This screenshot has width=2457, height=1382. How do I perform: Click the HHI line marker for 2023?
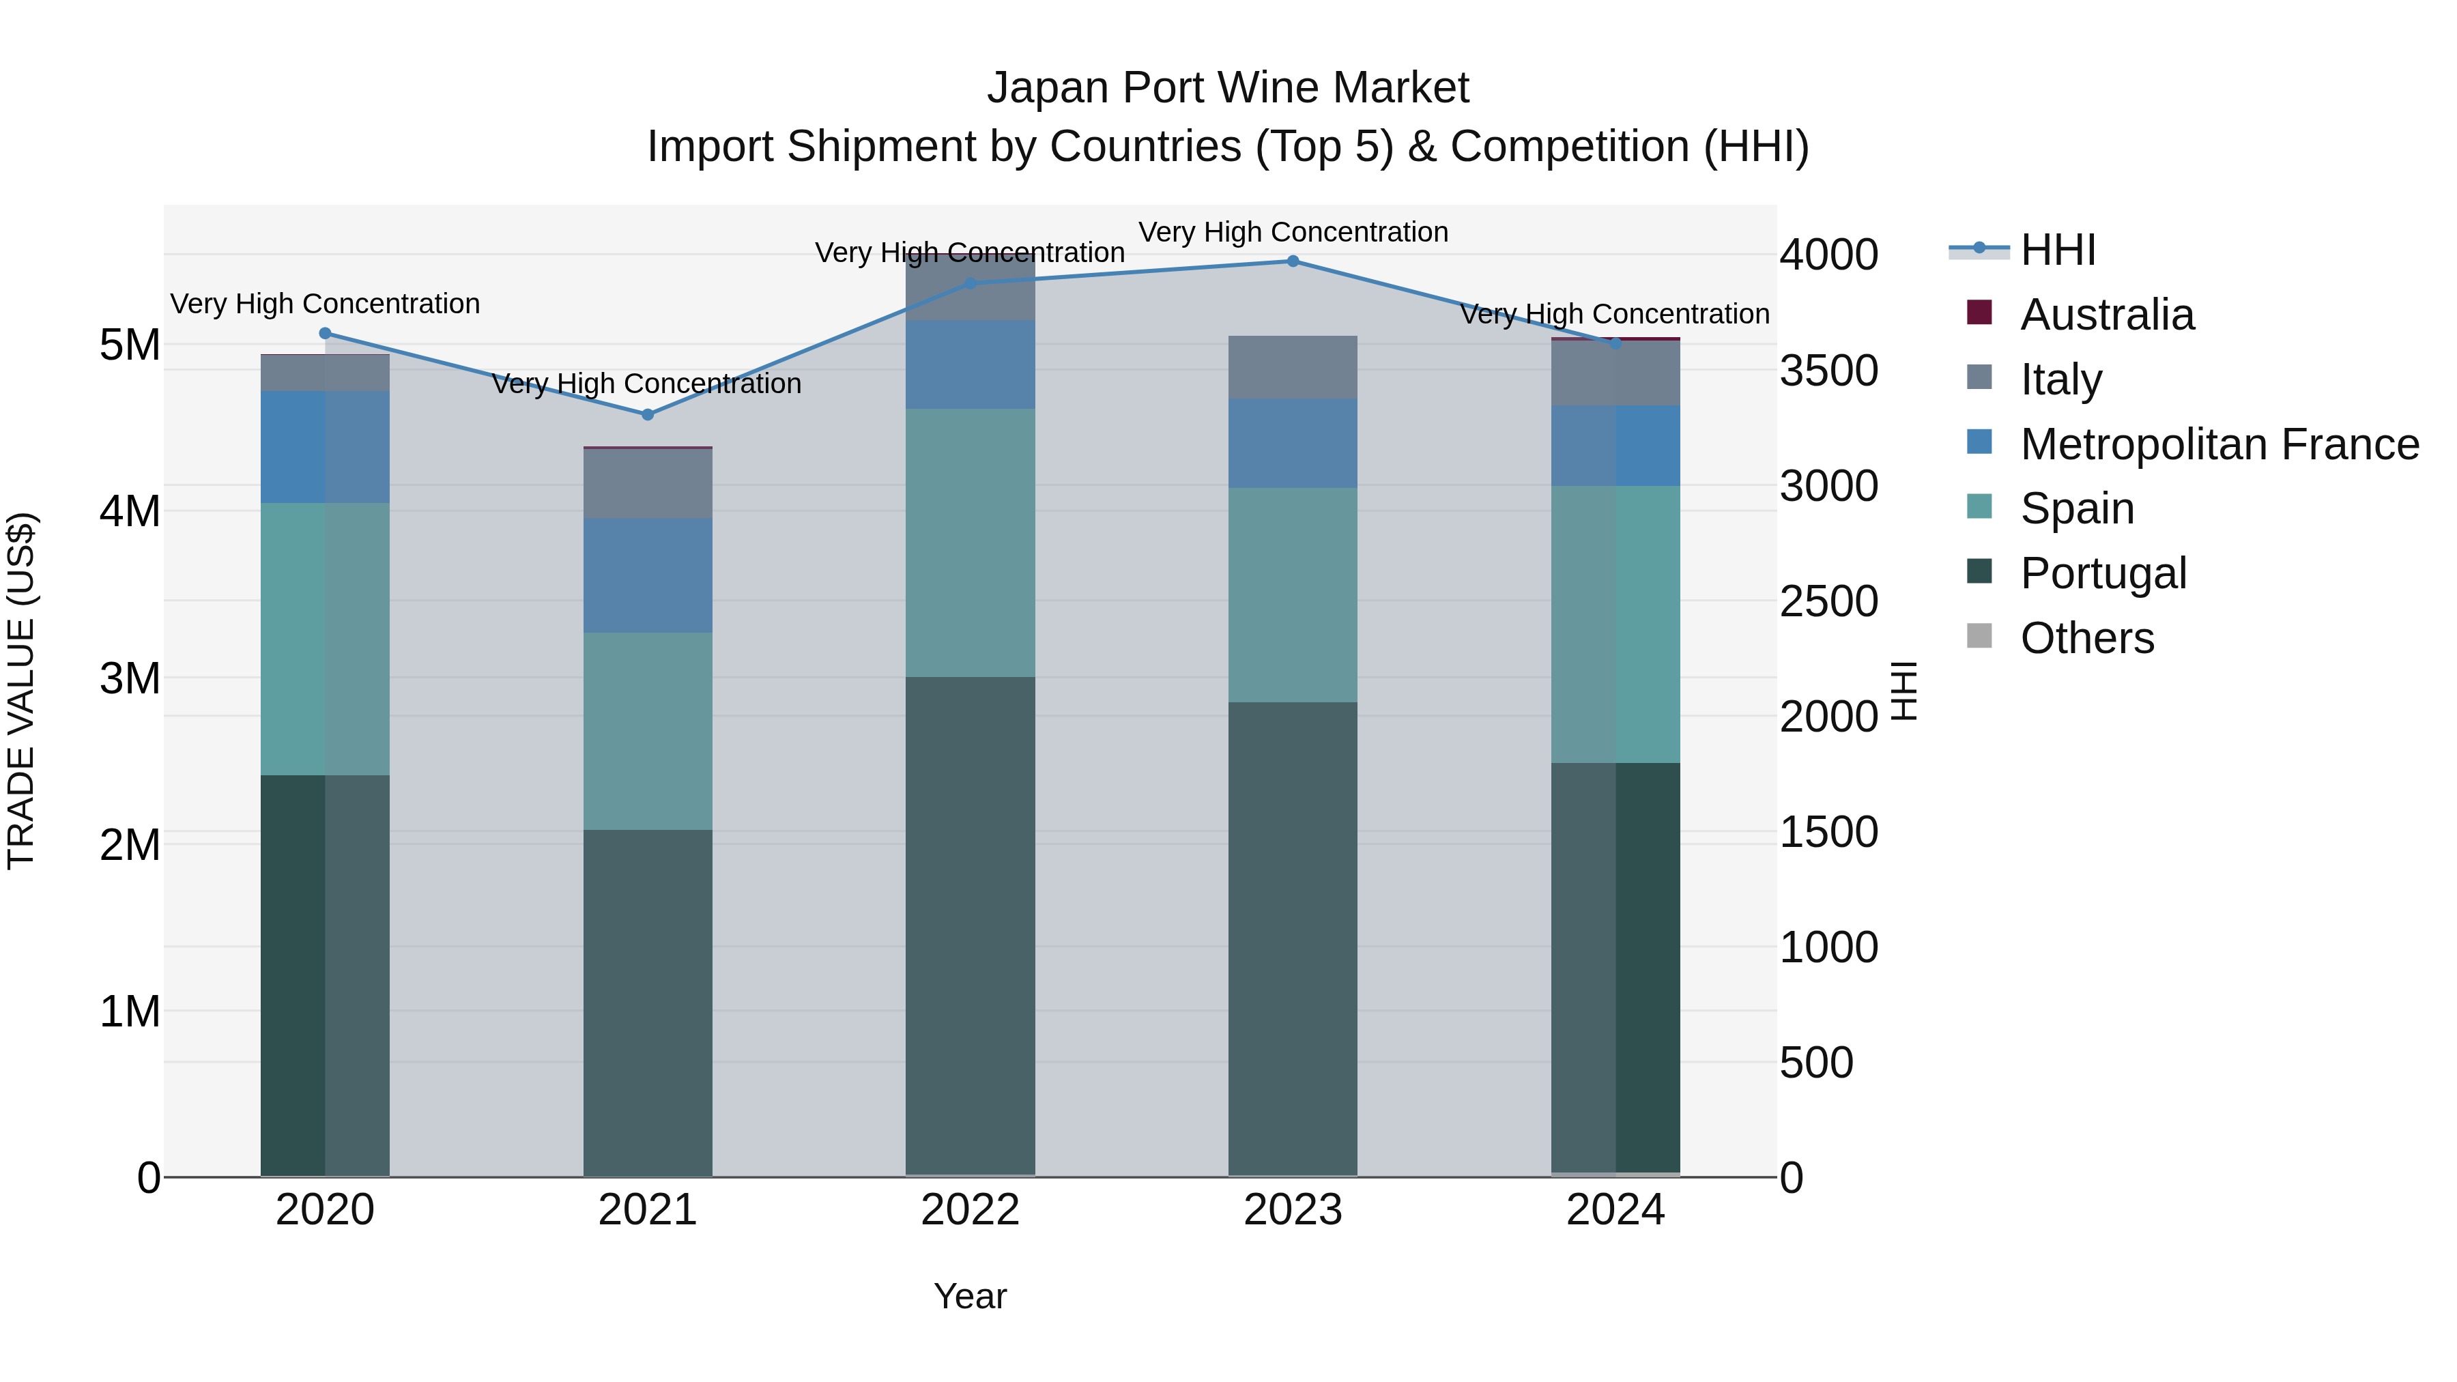click(x=1293, y=261)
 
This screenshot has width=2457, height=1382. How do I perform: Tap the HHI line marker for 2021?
click(x=648, y=415)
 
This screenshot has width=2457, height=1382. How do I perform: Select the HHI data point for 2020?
click(x=326, y=334)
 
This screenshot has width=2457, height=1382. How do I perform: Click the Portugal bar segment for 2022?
click(x=970, y=925)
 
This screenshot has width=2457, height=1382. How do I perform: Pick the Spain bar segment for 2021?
click(x=648, y=730)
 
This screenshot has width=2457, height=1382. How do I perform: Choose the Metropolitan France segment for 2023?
click(x=1293, y=444)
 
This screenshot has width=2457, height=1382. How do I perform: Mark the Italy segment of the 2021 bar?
click(x=648, y=484)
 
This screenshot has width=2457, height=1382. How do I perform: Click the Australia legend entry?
click(x=2106, y=315)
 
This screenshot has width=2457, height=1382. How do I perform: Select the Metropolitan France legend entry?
click(x=2219, y=444)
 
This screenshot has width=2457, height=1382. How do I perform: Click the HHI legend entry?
click(x=2057, y=250)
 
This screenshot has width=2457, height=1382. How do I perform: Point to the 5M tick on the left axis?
click(x=130, y=345)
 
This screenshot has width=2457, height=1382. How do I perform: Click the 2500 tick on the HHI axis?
click(x=1828, y=602)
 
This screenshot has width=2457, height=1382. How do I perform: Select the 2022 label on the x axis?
click(x=970, y=1210)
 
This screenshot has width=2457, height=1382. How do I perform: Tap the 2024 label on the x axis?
click(x=1615, y=1210)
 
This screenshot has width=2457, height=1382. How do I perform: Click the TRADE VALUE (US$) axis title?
click(x=22, y=691)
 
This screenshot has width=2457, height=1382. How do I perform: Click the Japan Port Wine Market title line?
click(x=1228, y=88)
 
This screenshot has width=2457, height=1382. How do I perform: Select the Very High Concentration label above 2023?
click(x=1293, y=233)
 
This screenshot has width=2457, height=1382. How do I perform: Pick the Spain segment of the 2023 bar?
click(x=1293, y=595)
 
